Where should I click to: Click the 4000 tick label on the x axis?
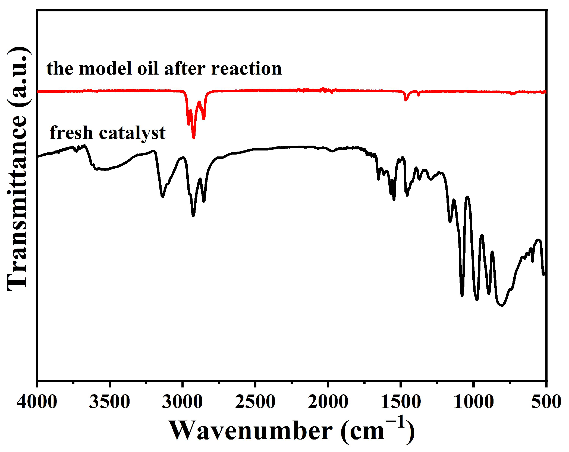37,402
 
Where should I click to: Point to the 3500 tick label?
109,402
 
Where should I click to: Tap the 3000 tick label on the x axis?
182,402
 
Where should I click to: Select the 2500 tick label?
255,402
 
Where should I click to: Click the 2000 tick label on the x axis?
328,402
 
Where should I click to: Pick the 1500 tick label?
401,402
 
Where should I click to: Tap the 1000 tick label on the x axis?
473,402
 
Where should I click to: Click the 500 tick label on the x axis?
546,402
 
